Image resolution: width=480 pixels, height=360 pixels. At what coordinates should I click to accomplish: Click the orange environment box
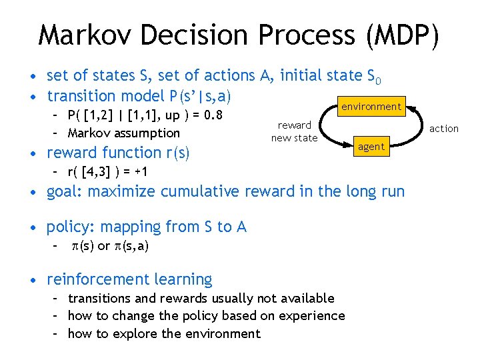[x=371, y=107]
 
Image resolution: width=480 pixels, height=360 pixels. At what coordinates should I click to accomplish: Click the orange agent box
[x=371, y=147]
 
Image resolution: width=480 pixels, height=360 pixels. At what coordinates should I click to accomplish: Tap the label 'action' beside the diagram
[x=443, y=129]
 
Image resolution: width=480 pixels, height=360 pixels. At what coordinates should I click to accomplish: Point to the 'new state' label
[x=294, y=138]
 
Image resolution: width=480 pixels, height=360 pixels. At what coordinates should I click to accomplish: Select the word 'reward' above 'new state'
[x=294, y=125]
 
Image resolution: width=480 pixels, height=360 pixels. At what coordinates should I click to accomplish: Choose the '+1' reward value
[x=140, y=172]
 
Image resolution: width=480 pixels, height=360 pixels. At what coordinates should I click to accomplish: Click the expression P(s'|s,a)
[x=193, y=96]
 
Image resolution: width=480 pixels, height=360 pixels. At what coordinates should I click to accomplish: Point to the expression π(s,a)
[x=131, y=246]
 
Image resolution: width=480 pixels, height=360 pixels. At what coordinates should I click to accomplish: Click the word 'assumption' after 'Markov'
[x=147, y=133]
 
